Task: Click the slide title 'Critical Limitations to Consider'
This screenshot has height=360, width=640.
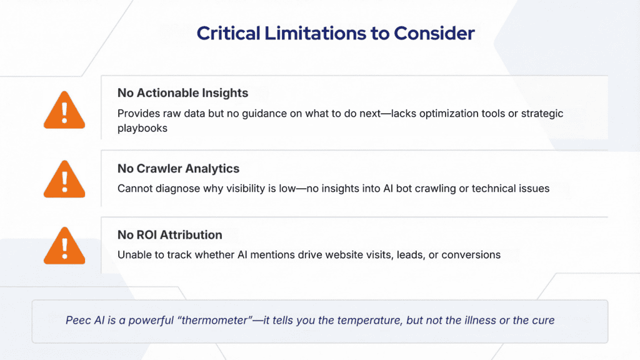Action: point(336,33)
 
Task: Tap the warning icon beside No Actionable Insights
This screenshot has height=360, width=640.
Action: point(64,111)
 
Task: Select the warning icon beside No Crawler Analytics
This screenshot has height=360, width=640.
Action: point(64,179)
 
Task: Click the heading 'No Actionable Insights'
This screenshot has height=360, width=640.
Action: point(182,92)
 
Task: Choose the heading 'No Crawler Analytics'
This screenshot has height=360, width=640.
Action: point(178,168)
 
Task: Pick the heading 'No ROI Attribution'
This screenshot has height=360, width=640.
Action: point(169,235)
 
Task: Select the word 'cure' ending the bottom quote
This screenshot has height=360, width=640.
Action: point(542,320)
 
